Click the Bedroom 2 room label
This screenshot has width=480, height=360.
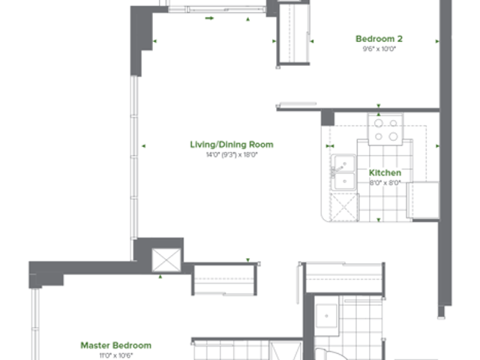[379, 39]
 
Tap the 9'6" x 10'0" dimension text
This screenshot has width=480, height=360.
[379, 49]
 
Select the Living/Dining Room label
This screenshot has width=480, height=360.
[232, 145]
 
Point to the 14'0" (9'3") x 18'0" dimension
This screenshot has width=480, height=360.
[232, 154]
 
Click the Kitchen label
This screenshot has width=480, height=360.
[385, 172]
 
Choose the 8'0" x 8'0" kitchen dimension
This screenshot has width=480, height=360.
[385, 183]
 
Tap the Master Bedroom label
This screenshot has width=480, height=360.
[116, 345]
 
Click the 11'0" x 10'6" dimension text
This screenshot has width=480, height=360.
[116, 355]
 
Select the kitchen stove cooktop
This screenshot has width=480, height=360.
[385, 129]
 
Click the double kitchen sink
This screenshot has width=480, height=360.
[343, 172]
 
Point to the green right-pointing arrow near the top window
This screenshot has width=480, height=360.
[209, 18]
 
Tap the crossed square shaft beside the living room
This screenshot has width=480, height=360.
[166, 260]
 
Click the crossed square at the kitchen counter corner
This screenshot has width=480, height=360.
[343, 207]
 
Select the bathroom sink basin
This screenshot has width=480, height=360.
[327, 316]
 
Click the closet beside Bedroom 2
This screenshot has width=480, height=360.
[294, 33]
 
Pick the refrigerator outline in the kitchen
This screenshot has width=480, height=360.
[424, 200]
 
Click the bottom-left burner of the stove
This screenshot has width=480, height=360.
[379, 136]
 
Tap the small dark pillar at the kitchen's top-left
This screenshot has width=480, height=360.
[328, 118]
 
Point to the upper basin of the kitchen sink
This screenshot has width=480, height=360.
[345, 163]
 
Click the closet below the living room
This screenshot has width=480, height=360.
[224, 279]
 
